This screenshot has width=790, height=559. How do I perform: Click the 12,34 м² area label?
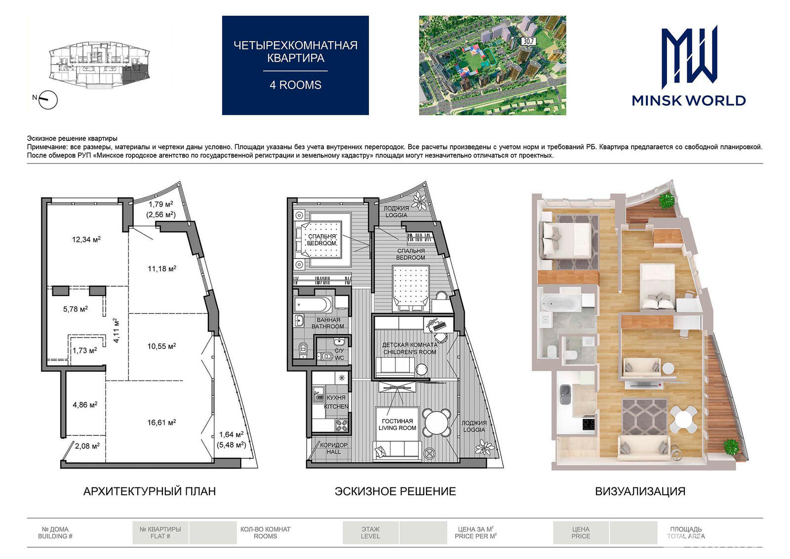[86, 240]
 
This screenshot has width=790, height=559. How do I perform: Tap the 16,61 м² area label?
[161, 423]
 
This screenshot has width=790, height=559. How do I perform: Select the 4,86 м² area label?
[85, 405]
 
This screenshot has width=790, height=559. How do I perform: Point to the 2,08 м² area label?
[87, 446]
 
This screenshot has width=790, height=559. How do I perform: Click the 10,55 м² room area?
[161, 346]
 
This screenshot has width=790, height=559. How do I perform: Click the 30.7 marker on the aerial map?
[529, 42]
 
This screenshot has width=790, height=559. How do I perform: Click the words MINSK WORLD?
[688, 101]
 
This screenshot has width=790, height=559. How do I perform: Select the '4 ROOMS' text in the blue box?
[296, 85]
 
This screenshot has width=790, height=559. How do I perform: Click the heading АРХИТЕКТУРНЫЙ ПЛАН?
[150, 491]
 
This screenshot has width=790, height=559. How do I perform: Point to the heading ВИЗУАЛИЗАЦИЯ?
[640, 491]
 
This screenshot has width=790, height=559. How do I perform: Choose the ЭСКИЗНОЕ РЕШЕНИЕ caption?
[395, 491]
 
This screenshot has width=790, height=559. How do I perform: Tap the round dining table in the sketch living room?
[437, 422]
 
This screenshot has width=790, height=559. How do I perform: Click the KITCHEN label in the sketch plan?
[336, 406]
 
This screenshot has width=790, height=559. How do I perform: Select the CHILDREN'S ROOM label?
[410, 352]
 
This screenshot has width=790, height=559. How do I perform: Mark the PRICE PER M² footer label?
[475, 536]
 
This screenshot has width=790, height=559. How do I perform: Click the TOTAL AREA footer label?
[686, 536]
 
